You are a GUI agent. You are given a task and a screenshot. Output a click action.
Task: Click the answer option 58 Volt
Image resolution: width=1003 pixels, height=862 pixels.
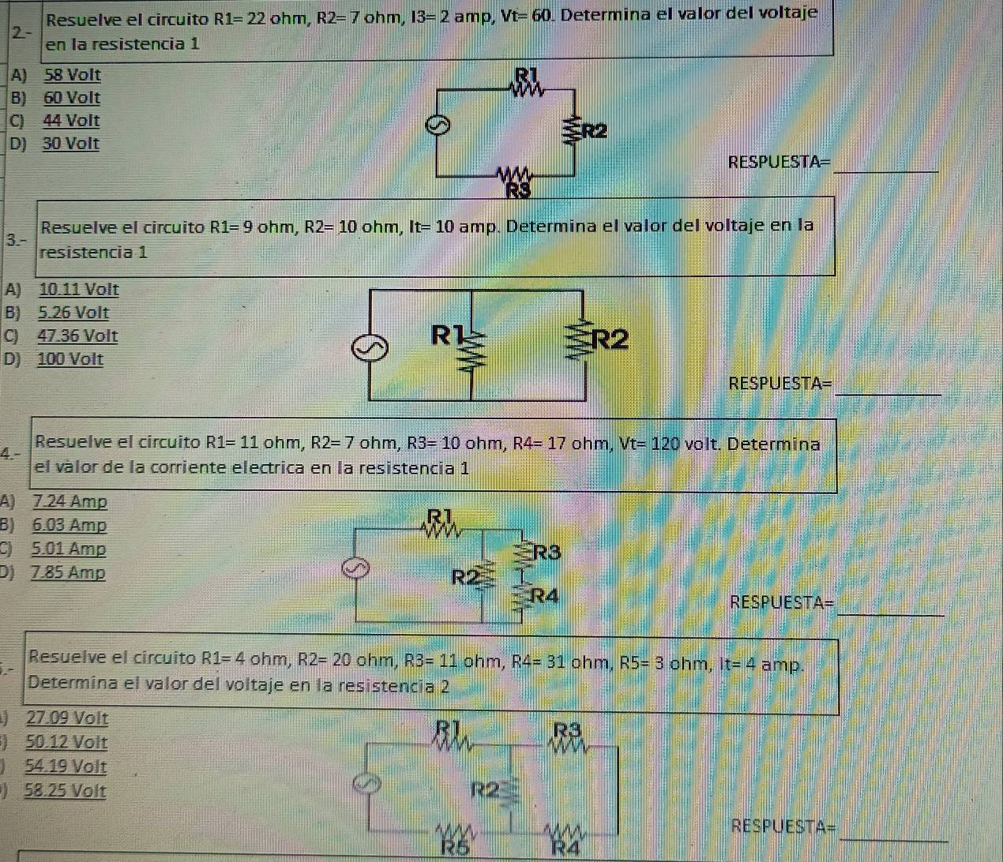(x=73, y=75)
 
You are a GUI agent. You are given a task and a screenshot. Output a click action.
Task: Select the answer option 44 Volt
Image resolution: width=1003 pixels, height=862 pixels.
(x=71, y=120)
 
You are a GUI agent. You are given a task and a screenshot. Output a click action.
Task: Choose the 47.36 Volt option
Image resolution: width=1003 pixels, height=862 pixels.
(x=77, y=335)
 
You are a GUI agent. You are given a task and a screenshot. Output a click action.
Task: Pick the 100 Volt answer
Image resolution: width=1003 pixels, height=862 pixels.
(x=70, y=359)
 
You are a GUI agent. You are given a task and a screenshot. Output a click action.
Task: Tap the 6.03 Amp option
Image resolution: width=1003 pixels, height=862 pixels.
(x=69, y=525)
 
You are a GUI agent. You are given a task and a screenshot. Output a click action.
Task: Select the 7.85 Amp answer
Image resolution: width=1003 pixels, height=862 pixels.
(x=69, y=573)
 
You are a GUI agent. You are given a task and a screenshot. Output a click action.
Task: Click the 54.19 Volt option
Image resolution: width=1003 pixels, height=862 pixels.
(x=66, y=766)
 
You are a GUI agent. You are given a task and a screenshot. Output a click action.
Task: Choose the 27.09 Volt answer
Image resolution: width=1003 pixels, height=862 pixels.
(x=67, y=718)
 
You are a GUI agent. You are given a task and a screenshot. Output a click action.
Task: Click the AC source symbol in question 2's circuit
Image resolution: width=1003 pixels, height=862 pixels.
(x=438, y=126)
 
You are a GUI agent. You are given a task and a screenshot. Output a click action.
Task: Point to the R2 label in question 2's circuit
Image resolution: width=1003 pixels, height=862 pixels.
(x=594, y=131)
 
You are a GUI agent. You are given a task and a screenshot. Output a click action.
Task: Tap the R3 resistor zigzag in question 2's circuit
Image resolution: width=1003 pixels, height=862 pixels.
(x=514, y=174)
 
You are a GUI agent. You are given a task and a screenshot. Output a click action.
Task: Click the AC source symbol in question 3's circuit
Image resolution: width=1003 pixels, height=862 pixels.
(x=370, y=348)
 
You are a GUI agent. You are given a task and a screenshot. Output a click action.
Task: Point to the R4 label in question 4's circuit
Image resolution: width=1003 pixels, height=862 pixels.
(x=545, y=595)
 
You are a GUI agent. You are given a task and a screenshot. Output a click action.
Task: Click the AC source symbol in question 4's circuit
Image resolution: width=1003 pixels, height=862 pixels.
(x=355, y=568)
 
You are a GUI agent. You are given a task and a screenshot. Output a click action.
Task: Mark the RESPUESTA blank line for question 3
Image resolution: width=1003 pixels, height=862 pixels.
(x=888, y=395)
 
